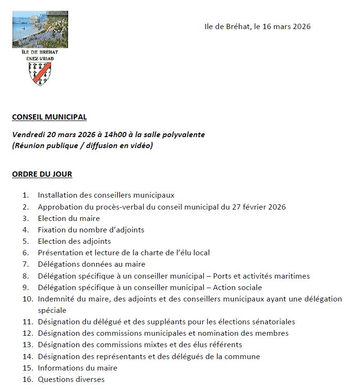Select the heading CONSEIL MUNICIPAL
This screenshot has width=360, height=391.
[x=49, y=117]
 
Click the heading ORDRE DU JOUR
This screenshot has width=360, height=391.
[x=42, y=174]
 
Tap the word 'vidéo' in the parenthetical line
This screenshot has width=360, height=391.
[x=142, y=146]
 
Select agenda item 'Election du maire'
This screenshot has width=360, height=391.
[x=69, y=218]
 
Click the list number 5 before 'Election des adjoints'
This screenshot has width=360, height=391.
[x=26, y=241]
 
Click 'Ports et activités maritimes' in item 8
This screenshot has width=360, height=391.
[x=261, y=276]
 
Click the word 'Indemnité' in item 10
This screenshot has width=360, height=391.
[x=55, y=299]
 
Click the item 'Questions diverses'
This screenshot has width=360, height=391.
[x=71, y=379]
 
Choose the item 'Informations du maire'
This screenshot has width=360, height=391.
[x=77, y=368]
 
